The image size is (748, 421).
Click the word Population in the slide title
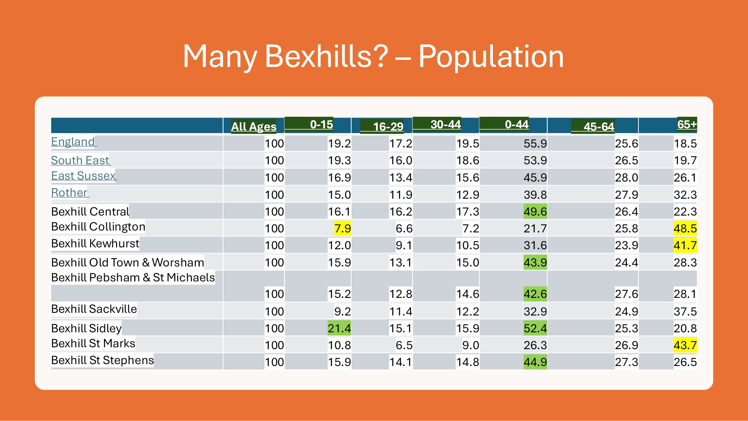pos(491,57)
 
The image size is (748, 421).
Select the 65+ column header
pos(687,124)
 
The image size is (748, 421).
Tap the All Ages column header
pos(254,126)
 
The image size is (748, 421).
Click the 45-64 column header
pos(598,126)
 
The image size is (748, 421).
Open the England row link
pos(73,142)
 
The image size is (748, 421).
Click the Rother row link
pos(69,193)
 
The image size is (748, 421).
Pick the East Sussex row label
pos(83,176)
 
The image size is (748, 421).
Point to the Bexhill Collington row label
pos(98,227)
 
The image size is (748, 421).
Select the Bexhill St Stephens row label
pos(102,360)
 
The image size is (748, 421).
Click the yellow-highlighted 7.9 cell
pos(343,228)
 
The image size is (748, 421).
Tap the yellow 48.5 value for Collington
pos(685,228)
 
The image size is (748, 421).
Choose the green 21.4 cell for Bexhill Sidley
pos(339,328)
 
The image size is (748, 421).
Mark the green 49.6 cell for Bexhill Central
pos(535,211)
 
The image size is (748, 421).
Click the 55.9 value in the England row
pos(535,144)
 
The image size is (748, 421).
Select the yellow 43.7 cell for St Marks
pos(685,345)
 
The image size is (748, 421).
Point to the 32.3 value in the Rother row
pos(685,195)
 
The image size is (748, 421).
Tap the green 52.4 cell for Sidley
pos(535,328)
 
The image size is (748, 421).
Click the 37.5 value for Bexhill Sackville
pos(685,311)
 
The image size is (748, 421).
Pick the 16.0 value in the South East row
pos(401,161)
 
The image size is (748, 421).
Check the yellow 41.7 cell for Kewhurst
pos(685,245)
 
